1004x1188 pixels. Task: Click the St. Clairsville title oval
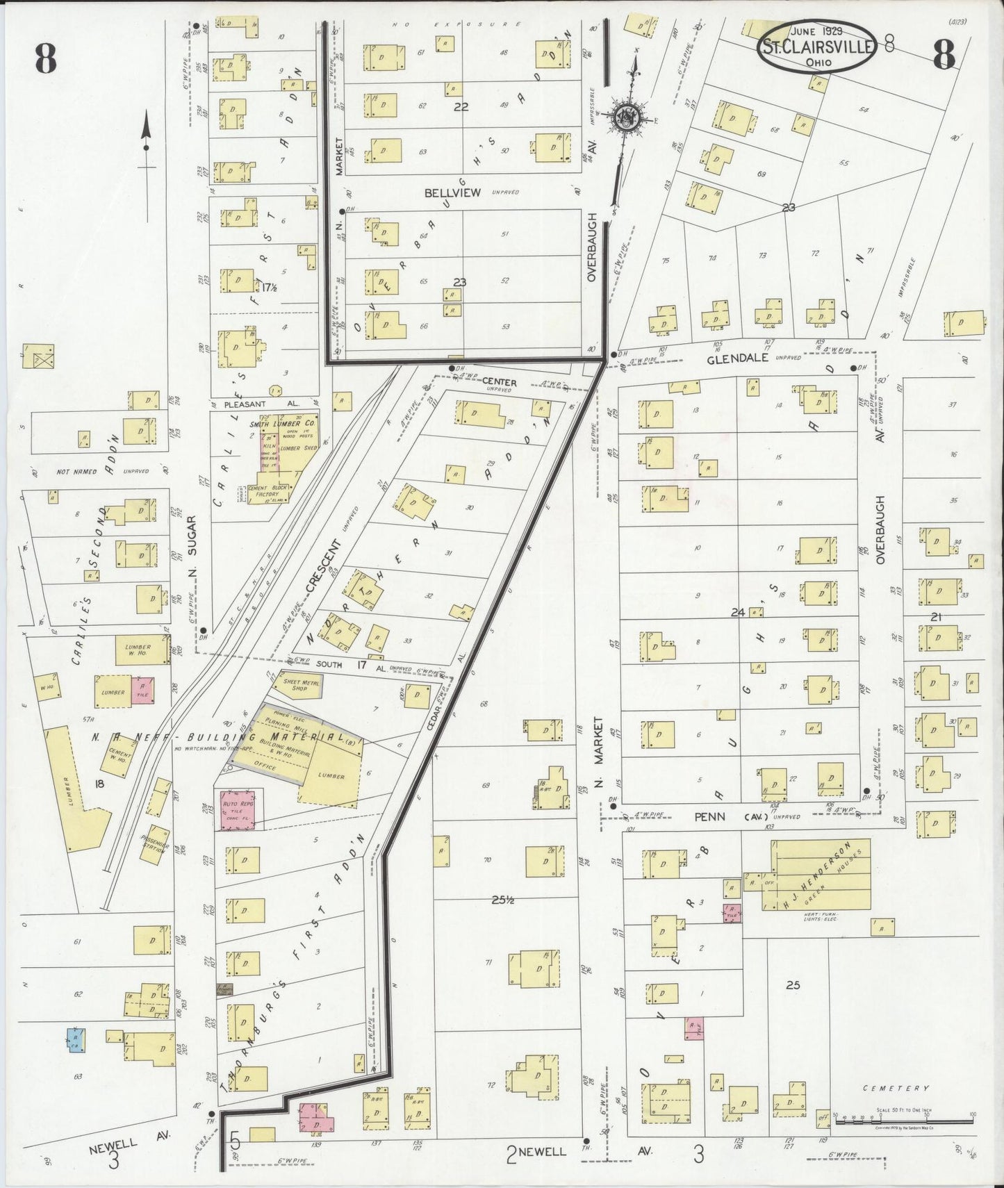point(817,45)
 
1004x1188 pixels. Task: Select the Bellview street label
point(452,192)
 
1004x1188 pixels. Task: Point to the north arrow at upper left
point(147,142)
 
